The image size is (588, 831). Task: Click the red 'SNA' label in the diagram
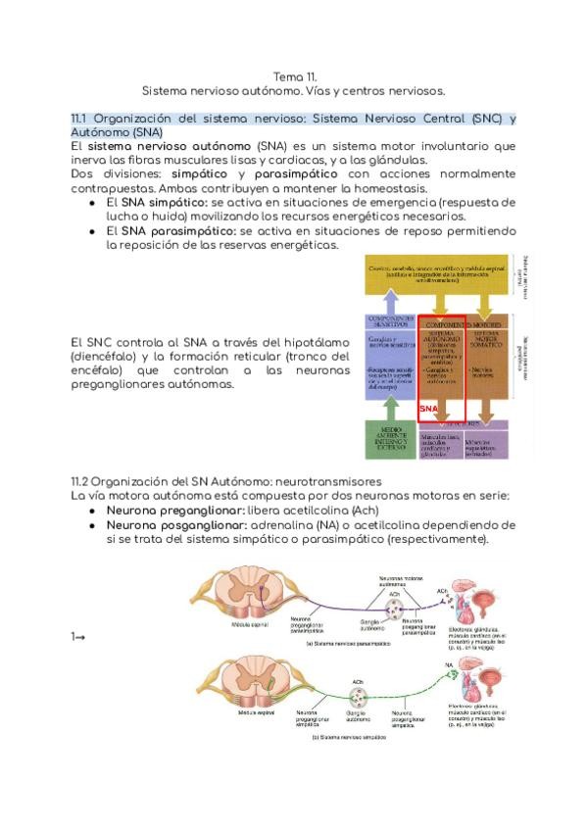tap(427, 407)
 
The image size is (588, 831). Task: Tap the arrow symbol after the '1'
tap(80, 638)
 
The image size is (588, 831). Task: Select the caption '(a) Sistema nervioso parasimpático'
tap(347, 644)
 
